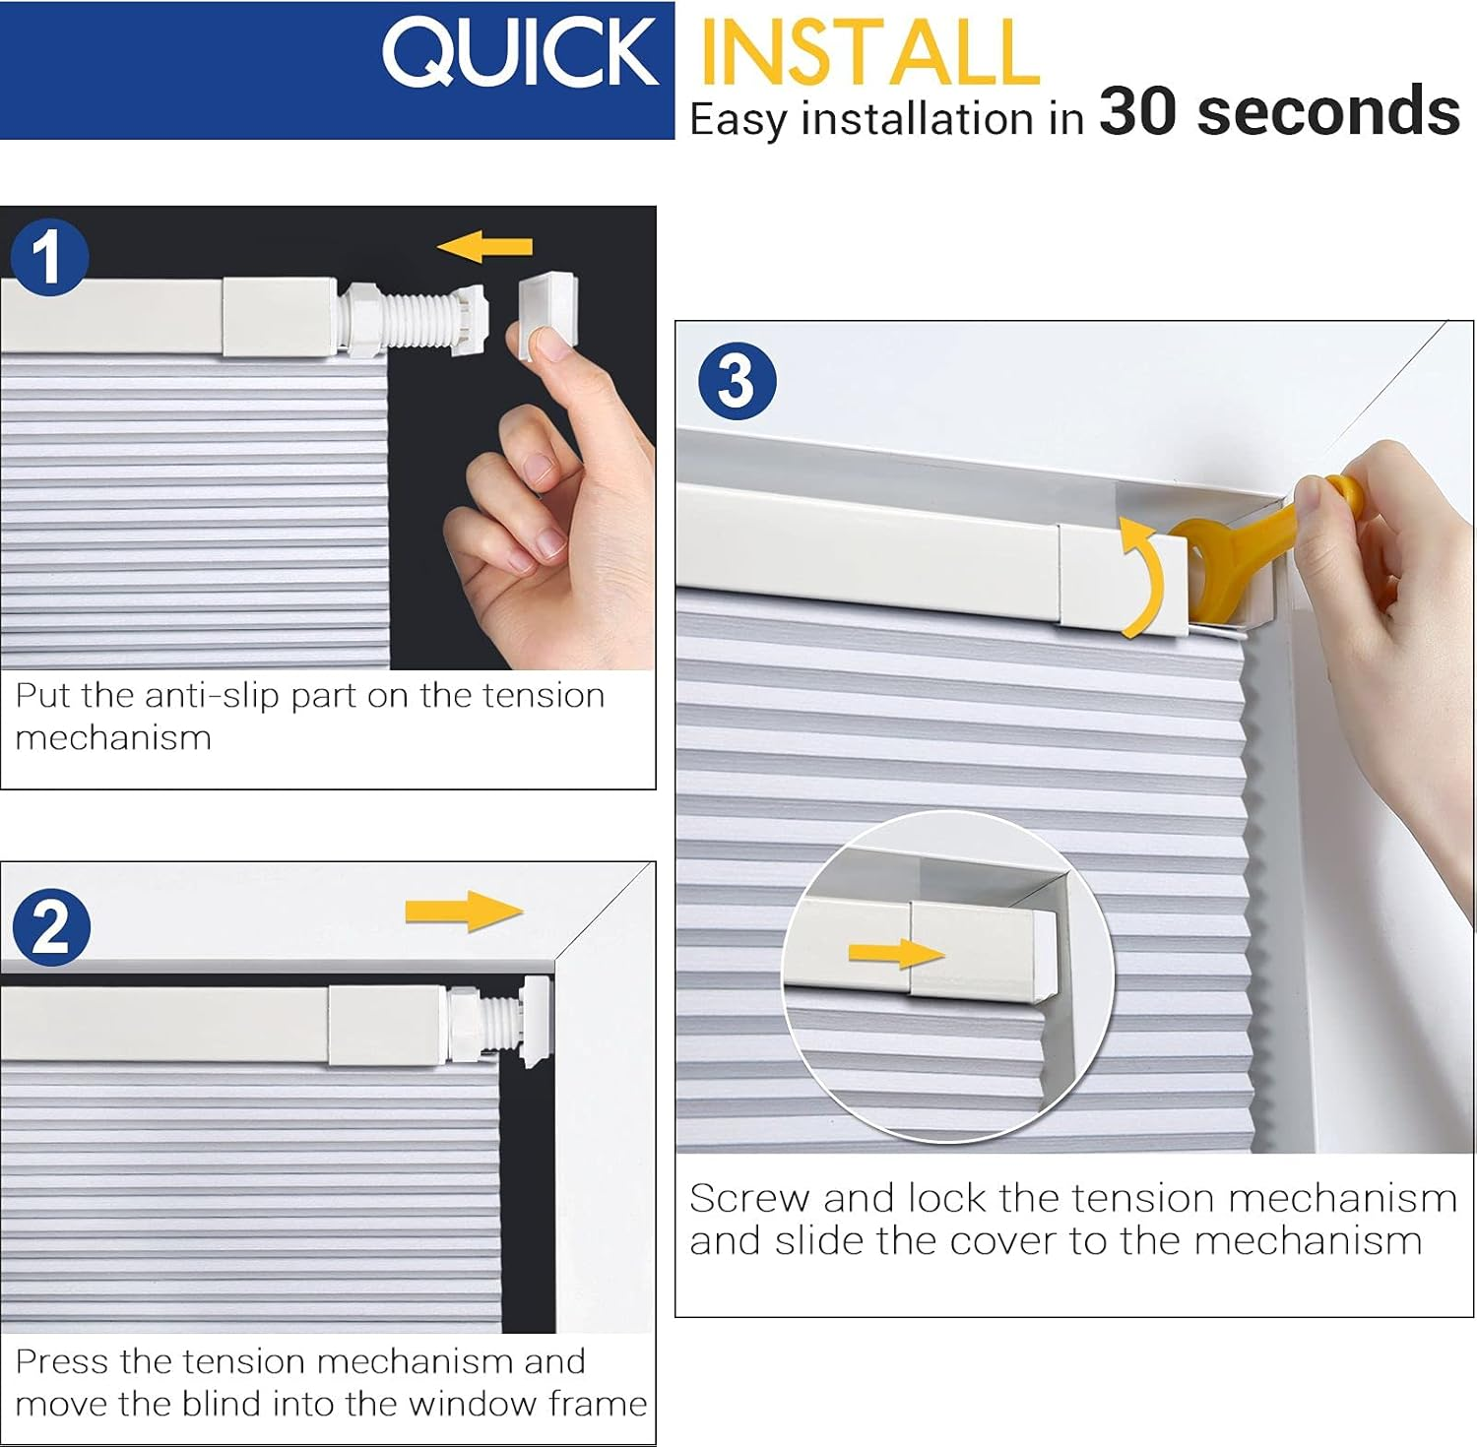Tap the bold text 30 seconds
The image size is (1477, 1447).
tap(1278, 111)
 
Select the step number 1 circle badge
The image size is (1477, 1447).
tap(48, 257)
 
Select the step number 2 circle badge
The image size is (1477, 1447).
tap(51, 927)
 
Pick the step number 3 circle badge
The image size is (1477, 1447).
tap(737, 381)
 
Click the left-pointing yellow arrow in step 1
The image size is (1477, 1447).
tap(485, 246)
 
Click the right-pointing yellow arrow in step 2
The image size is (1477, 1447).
tap(464, 911)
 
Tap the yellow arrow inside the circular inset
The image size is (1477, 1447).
tap(895, 953)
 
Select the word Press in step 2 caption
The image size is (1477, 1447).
tap(62, 1362)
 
